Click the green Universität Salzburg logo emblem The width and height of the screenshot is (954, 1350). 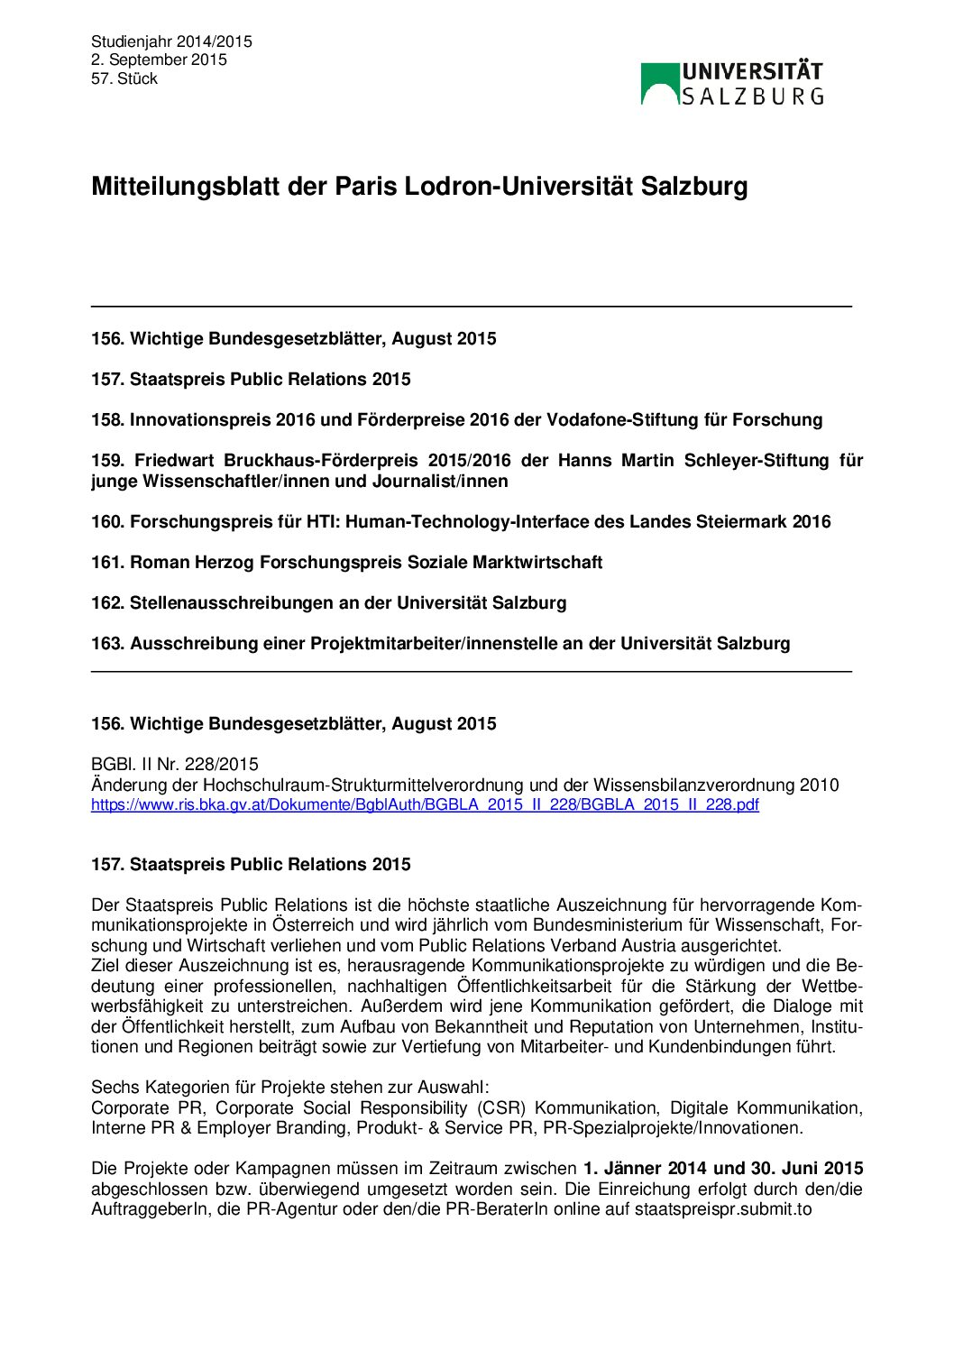coord(660,83)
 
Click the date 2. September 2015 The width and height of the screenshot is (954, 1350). coord(159,60)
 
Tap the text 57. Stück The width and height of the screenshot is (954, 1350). coord(124,78)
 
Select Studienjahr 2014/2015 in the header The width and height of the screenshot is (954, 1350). coord(171,41)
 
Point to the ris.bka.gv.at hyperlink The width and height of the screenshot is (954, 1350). coord(425,804)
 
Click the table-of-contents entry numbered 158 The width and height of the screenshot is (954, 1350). coord(456,419)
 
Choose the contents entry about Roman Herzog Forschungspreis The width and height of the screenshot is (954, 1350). coord(346,562)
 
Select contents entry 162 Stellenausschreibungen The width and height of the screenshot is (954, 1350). coord(328,602)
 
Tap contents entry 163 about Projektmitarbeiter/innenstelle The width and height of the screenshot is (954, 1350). coord(440,643)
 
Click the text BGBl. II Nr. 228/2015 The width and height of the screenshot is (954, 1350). coord(175,765)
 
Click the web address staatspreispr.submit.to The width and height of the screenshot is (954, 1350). coord(723,1208)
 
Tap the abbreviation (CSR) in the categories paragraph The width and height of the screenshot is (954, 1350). coord(500,1107)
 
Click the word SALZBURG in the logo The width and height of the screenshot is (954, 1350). coord(752,96)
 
